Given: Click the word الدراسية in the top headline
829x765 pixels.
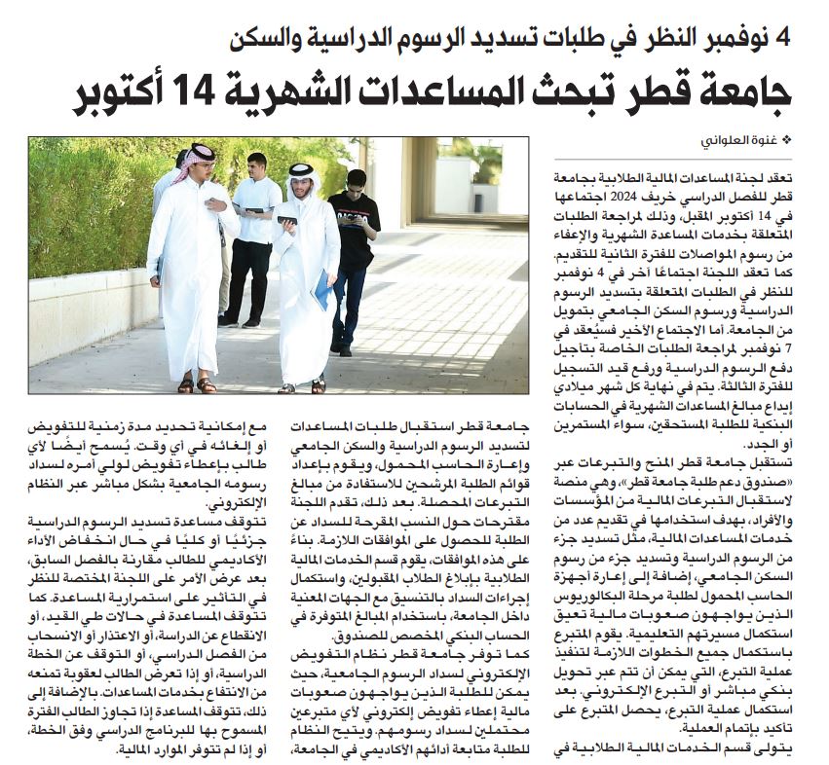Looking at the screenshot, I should pos(359,39).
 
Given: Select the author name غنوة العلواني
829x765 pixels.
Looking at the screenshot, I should pos(741,142).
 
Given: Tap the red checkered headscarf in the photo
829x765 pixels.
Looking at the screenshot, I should pos(199,157).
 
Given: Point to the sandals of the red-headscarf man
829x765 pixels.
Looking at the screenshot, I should pos(195,385).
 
